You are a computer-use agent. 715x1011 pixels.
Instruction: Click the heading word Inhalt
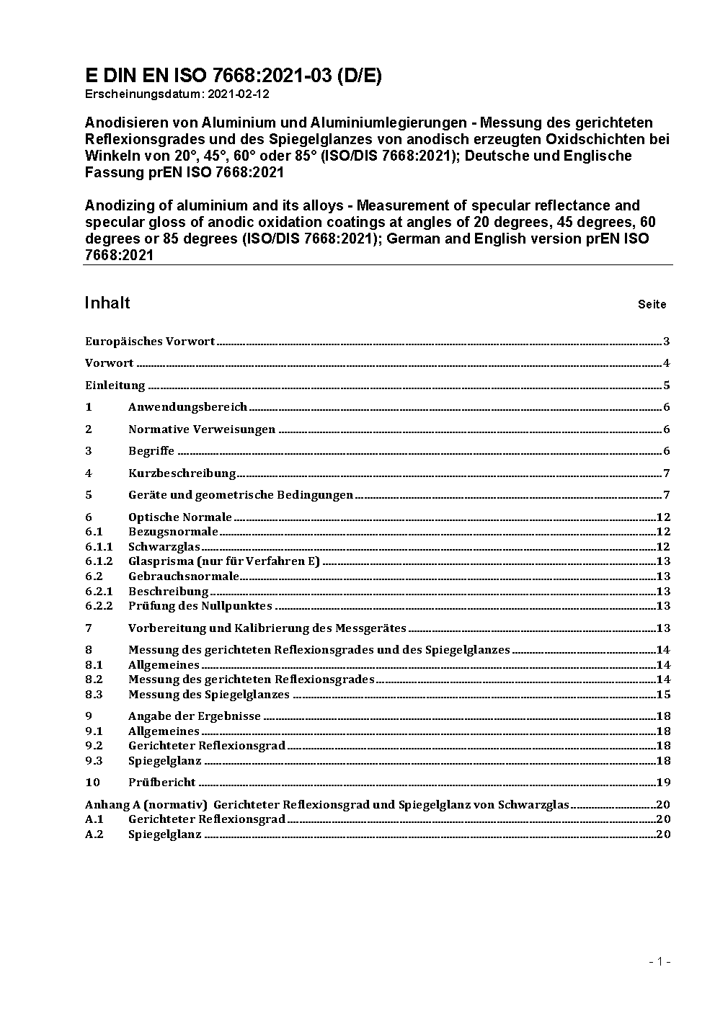tap(107, 303)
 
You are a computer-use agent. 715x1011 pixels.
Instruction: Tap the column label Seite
tap(652, 304)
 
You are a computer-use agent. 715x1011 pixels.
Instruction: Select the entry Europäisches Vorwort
tap(150, 342)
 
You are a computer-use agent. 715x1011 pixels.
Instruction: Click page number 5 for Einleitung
tap(667, 386)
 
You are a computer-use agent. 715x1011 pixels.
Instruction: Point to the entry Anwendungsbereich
tap(187, 407)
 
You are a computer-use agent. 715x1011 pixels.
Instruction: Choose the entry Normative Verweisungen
tap(202, 429)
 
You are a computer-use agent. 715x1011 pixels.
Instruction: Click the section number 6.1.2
tap(99, 561)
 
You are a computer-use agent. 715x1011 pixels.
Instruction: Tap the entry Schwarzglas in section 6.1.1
tap(164, 547)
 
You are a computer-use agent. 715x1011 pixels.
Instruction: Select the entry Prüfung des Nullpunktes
tap(200, 606)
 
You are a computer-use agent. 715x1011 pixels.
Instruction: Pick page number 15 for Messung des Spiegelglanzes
tap(664, 695)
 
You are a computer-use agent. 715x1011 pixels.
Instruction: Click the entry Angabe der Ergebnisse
tap(195, 716)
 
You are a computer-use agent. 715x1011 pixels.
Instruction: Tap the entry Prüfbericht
tap(162, 783)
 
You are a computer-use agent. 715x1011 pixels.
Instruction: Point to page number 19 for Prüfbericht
tap(664, 783)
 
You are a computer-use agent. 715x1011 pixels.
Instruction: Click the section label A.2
tap(94, 834)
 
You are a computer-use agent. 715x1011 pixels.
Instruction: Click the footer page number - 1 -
tap(660, 961)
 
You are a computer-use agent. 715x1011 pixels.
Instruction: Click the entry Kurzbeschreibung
tap(182, 473)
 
